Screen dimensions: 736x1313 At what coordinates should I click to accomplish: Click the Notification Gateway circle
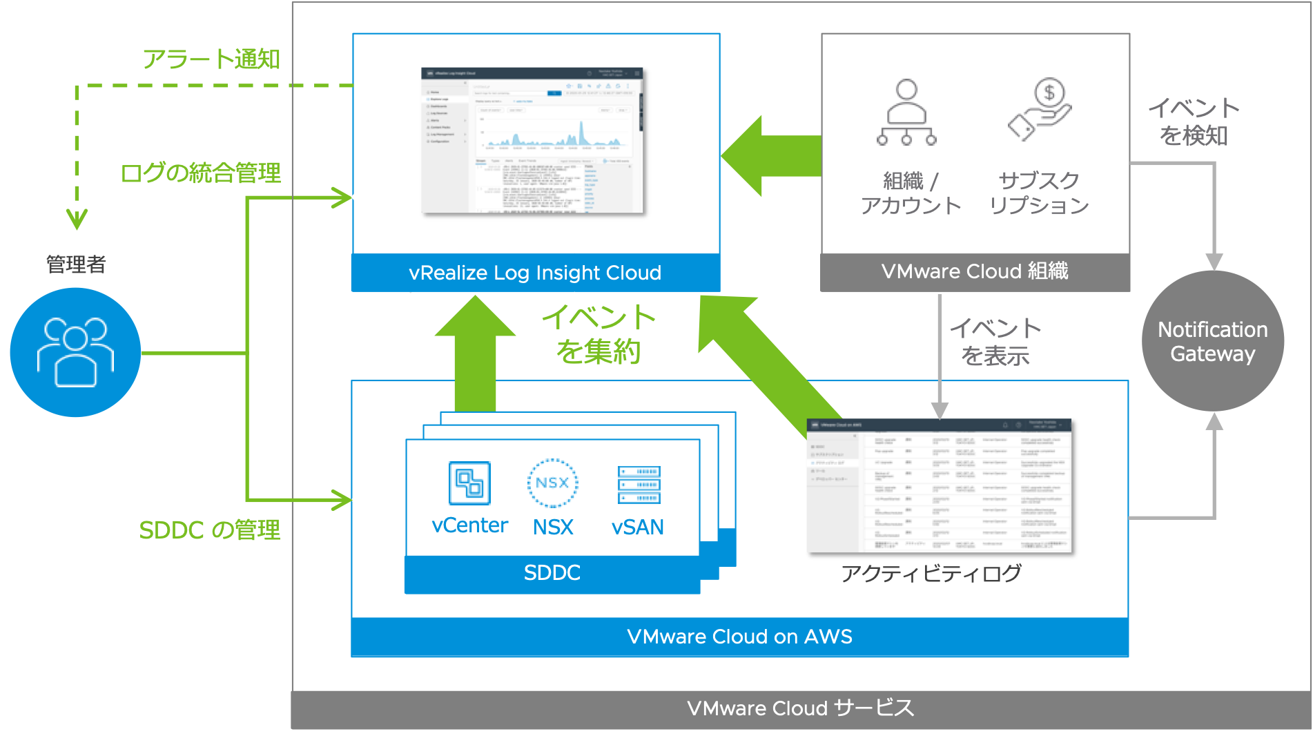click(x=1212, y=341)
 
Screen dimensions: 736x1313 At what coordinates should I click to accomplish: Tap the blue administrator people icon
click(x=75, y=352)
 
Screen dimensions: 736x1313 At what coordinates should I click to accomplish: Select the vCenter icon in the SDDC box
click(x=469, y=483)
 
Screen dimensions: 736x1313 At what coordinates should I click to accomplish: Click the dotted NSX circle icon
click(x=552, y=483)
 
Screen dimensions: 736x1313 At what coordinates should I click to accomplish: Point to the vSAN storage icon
click(x=639, y=485)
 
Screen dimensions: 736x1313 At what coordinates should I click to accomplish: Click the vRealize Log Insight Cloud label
click(x=535, y=273)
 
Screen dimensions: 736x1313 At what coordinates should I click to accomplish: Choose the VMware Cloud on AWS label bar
click(x=739, y=637)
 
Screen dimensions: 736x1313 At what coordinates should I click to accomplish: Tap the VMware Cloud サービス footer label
click(x=800, y=708)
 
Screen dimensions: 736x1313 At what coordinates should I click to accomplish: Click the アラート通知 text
click(x=211, y=59)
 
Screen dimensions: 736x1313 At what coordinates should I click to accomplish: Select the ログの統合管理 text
click(x=201, y=173)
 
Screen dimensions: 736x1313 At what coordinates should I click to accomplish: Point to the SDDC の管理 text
click(x=210, y=530)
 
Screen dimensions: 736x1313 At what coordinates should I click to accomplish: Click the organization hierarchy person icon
click(x=906, y=112)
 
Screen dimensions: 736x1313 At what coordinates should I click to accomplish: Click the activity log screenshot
click(x=939, y=485)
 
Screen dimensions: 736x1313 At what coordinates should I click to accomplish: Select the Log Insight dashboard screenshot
click(x=532, y=140)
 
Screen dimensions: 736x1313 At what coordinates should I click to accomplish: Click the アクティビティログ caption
click(x=931, y=573)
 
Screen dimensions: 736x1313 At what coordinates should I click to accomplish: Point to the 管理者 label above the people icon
click(x=76, y=264)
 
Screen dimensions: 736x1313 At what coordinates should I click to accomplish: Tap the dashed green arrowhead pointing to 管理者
click(x=77, y=220)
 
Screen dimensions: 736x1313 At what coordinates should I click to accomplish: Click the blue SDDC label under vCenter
click(x=552, y=573)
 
